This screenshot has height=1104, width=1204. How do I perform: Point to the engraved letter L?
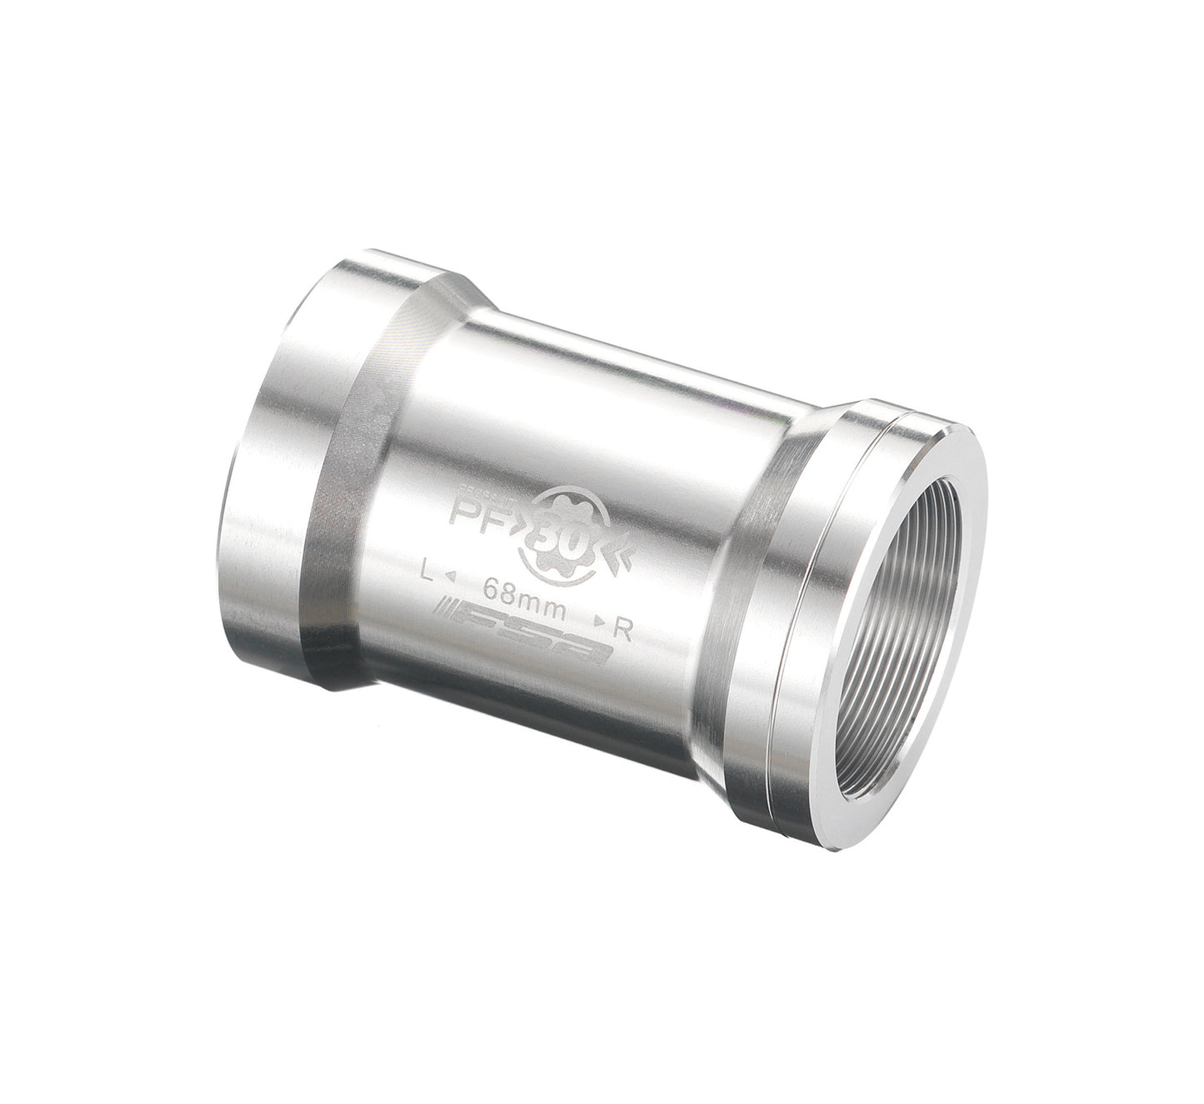pos(427,572)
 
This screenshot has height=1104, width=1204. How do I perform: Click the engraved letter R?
pos(622,630)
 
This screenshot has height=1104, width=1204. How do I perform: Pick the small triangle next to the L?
pos(449,577)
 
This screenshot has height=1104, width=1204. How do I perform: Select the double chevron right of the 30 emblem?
pos(622,551)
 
